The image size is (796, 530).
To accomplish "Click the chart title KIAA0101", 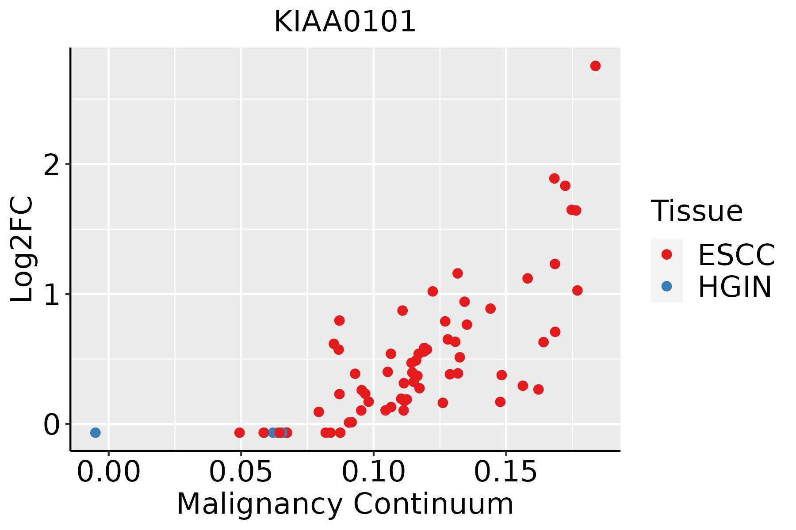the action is pyautogui.click(x=345, y=22).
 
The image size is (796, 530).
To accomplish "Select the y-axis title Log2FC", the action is pyautogui.click(x=22, y=250).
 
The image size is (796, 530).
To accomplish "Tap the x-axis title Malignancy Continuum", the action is pyautogui.click(x=345, y=504).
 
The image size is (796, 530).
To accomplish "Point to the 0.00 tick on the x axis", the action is pyautogui.click(x=108, y=472).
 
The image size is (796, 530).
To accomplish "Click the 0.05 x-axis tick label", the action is pyautogui.click(x=241, y=472).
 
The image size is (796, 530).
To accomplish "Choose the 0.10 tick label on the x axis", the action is pyautogui.click(x=374, y=472).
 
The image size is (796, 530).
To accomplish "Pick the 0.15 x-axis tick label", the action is pyautogui.click(x=506, y=472).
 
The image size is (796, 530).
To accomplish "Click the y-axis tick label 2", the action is pyautogui.click(x=52, y=165).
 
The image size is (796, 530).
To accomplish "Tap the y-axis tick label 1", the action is pyautogui.click(x=52, y=295).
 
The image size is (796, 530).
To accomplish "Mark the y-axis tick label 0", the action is pyautogui.click(x=52, y=424).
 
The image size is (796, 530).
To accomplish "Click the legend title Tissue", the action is pyautogui.click(x=697, y=211).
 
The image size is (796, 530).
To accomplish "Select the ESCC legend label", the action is pyautogui.click(x=736, y=255).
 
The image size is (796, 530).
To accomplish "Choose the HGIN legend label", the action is pyautogui.click(x=735, y=287).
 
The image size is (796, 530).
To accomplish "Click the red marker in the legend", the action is pyautogui.click(x=666, y=254).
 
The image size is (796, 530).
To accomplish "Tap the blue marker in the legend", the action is pyautogui.click(x=666, y=286).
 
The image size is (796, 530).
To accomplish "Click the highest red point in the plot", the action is pyautogui.click(x=595, y=66).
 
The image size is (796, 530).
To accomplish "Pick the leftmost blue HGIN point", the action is pyautogui.click(x=95, y=432).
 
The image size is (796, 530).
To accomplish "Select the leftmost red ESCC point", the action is pyautogui.click(x=239, y=432).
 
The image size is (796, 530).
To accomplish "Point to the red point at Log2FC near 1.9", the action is pyautogui.click(x=554, y=178).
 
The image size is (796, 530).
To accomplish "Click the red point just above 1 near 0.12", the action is pyautogui.click(x=432, y=291).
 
